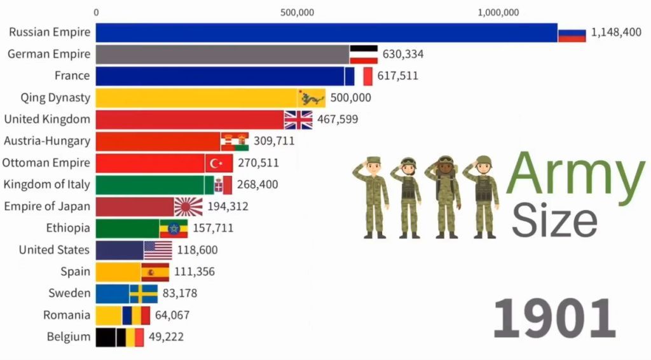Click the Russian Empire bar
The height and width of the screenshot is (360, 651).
pos(326,33)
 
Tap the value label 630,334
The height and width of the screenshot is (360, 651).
pos(402,55)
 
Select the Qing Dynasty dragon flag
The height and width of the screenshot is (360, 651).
pos(312,98)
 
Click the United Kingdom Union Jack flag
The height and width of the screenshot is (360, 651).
pos(298,120)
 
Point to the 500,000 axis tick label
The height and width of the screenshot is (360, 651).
pos(297,13)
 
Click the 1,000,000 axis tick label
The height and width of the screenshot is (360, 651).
pos(498,13)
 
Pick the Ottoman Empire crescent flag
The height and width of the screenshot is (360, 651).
pos(219,163)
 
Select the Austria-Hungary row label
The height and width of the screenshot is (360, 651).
pos(47,141)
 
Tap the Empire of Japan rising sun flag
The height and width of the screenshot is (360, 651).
pos(188,207)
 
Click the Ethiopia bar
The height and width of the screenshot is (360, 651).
pos(127,228)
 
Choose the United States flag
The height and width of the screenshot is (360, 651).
pos(158,251)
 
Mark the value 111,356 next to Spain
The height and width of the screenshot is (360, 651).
pos(195,272)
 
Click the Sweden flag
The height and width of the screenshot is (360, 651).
pos(144,294)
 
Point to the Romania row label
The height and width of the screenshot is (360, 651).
pos(66,315)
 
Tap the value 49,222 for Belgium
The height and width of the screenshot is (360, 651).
pos(166,336)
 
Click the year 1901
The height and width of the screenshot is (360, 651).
pos(554,318)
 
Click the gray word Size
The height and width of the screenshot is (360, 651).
pos(554,221)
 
